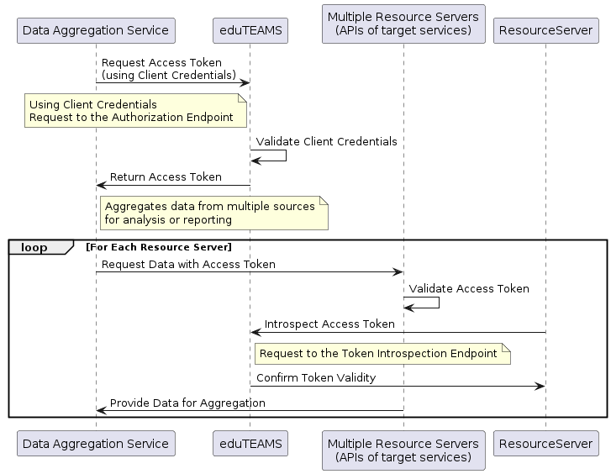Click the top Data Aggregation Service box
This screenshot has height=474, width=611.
[x=96, y=30]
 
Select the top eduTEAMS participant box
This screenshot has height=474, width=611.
[x=250, y=30]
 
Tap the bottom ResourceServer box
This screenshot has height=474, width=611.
[x=546, y=443]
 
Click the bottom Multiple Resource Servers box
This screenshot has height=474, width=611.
[x=403, y=450]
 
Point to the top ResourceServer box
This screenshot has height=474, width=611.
[x=546, y=30]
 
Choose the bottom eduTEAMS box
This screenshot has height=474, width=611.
[x=250, y=443]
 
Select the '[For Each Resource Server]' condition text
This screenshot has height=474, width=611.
[x=159, y=247]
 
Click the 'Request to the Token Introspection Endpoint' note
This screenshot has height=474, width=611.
[x=382, y=354]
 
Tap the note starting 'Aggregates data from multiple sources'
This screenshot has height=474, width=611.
[x=214, y=213]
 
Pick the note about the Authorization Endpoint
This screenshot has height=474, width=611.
[x=135, y=110]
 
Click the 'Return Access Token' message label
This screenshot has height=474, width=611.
[x=166, y=177]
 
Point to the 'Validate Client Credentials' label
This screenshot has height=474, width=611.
[x=326, y=141]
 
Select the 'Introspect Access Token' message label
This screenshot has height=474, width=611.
[x=329, y=324]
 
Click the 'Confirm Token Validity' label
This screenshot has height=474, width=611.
[x=316, y=377]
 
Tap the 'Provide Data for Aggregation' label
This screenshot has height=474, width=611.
[x=187, y=403]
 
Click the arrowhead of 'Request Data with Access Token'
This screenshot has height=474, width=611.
[x=398, y=272]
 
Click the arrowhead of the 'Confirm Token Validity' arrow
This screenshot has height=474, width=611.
[x=540, y=387]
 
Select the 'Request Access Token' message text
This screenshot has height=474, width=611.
[x=161, y=63]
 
